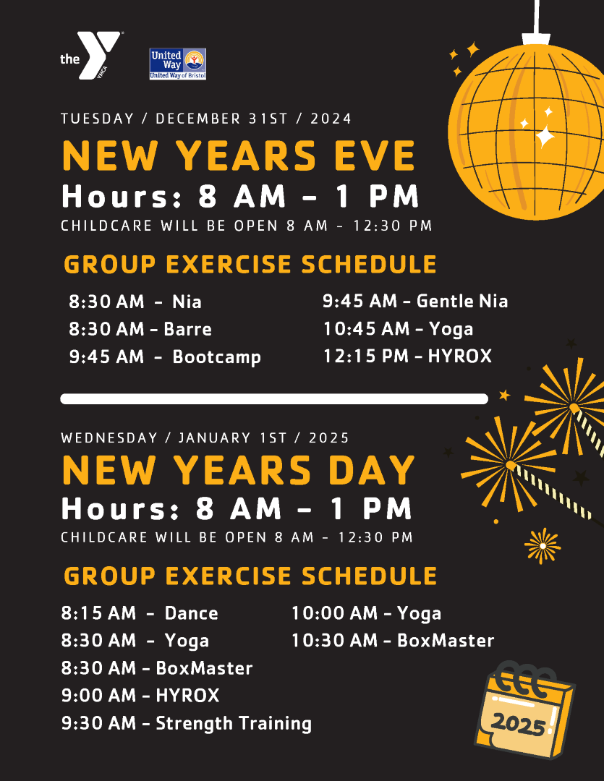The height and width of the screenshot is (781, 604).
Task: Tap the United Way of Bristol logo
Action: point(178,64)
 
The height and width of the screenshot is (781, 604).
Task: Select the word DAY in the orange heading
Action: point(372,470)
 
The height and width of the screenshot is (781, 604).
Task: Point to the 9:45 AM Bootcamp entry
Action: point(165,357)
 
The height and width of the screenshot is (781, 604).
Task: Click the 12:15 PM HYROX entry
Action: point(408,356)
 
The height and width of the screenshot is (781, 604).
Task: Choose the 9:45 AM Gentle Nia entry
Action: point(415,301)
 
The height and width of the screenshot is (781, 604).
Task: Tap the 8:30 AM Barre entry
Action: point(140,329)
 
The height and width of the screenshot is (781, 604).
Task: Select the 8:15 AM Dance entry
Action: point(140,613)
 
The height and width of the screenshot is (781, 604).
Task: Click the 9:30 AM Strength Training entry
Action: point(187,724)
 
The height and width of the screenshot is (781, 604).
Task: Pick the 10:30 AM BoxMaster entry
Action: point(393,641)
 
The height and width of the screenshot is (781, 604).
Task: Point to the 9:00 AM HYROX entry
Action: point(140,696)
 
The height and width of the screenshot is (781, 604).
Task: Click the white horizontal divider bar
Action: point(274,399)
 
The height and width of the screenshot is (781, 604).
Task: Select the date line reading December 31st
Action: point(206,119)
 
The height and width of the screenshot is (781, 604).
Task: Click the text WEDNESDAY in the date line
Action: point(109,438)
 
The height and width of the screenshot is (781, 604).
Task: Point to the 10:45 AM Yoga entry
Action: point(398,329)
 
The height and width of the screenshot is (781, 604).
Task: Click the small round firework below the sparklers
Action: point(543,546)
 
